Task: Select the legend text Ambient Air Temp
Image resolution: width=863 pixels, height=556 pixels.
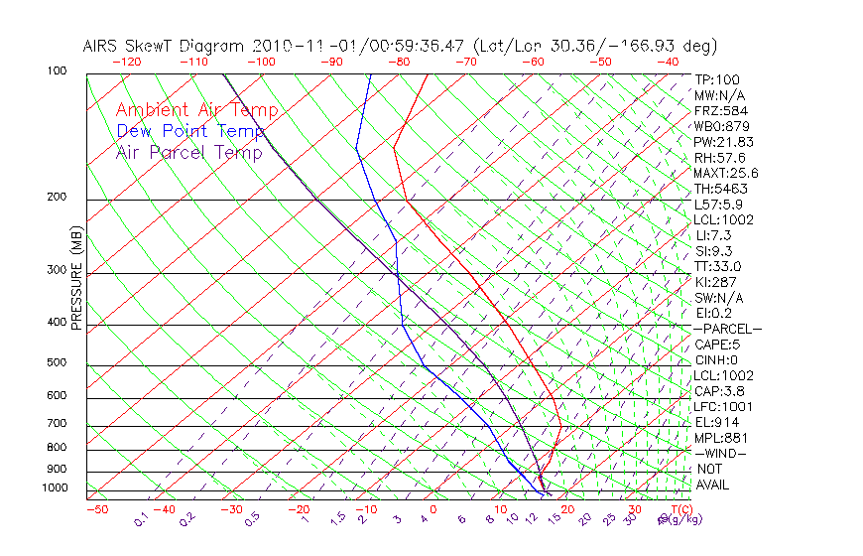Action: tap(196, 110)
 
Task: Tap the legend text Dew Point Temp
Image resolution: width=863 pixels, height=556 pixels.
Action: tap(190, 132)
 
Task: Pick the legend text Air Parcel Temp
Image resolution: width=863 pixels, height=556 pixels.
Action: tap(188, 153)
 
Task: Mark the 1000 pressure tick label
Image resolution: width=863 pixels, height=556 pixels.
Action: tap(56, 488)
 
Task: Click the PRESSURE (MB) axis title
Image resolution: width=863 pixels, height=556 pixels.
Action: tap(76, 279)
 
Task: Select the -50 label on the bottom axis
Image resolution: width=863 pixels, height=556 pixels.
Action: tap(96, 509)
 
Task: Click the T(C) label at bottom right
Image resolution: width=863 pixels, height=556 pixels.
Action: tap(678, 509)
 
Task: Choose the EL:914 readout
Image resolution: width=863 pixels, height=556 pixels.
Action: tap(716, 422)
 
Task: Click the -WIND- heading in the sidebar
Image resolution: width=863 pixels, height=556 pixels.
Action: tap(721, 453)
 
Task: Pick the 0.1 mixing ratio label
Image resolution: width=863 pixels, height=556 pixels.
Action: tap(140, 518)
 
